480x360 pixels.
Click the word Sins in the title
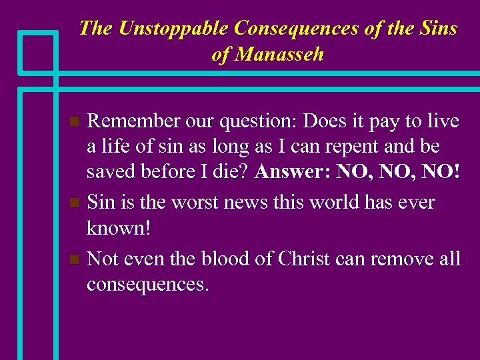click(x=438, y=28)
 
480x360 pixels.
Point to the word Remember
click(x=133, y=121)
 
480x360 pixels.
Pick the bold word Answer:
click(x=293, y=171)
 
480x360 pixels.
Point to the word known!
click(x=119, y=227)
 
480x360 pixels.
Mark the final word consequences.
click(x=147, y=285)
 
